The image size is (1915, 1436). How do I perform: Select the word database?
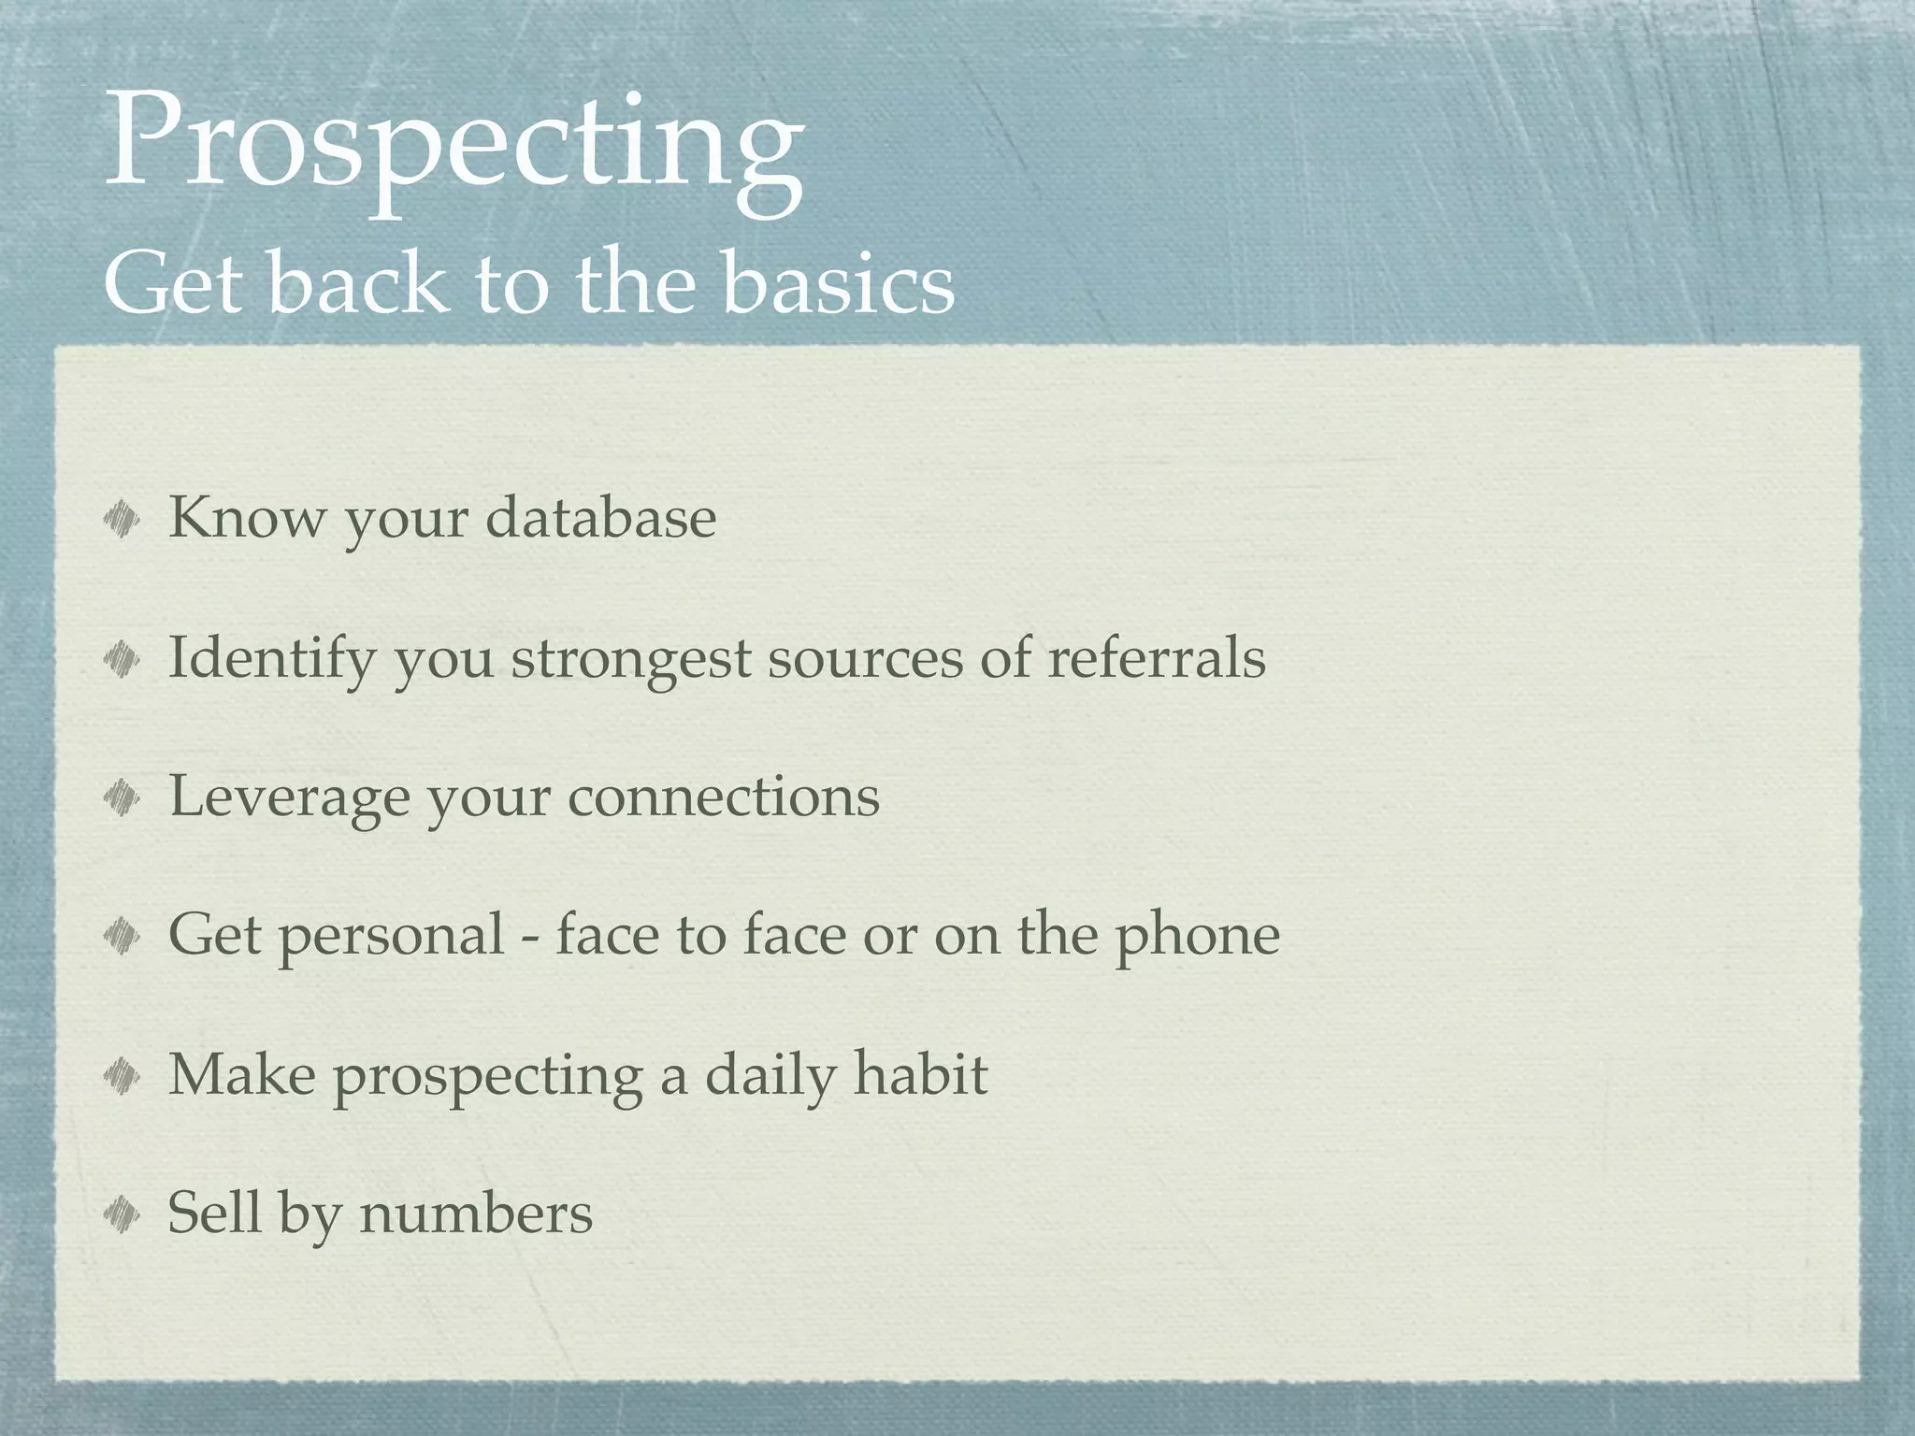click(601, 517)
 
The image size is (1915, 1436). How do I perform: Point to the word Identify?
click(270, 658)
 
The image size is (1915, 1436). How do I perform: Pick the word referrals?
click(1156, 656)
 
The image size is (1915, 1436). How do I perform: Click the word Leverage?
click(289, 797)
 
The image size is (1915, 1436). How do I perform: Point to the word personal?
click(392, 936)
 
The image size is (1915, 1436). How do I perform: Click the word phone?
click(1197, 936)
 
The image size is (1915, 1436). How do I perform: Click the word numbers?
click(476, 1213)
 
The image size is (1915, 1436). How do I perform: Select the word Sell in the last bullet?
click(213, 1213)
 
